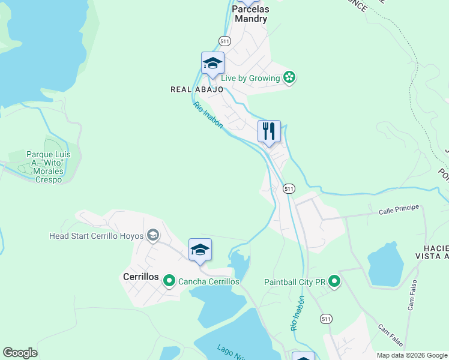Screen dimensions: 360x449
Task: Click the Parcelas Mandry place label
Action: pyautogui.click(x=250, y=14)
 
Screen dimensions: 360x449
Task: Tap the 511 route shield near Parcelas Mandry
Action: pyautogui.click(x=224, y=41)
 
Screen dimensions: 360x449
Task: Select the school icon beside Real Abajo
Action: pyautogui.click(x=212, y=64)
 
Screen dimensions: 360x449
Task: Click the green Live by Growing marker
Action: pyautogui.click(x=290, y=77)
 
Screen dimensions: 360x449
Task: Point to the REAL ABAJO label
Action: pyautogui.click(x=197, y=89)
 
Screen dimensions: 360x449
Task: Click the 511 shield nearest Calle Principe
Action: pyautogui.click(x=289, y=188)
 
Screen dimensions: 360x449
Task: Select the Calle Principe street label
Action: pyautogui.click(x=398, y=211)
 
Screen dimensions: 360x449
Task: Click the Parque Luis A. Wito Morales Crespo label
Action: pyautogui.click(x=49, y=167)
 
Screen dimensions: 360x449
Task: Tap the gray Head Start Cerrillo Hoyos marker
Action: pyautogui.click(x=153, y=235)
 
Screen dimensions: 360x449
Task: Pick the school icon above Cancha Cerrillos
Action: pyautogui.click(x=200, y=250)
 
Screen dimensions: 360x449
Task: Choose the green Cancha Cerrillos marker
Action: pyautogui.click(x=169, y=281)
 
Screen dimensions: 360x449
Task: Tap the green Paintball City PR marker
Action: pyautogui.click(x=334, y=281)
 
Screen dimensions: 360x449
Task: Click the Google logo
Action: pyautogui.click(x=20, y=353)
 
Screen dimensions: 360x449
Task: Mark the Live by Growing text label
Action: pyautogui.click(x=250, y=78)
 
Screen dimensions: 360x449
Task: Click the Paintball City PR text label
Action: pyautogui.click(x=294, y=281)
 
